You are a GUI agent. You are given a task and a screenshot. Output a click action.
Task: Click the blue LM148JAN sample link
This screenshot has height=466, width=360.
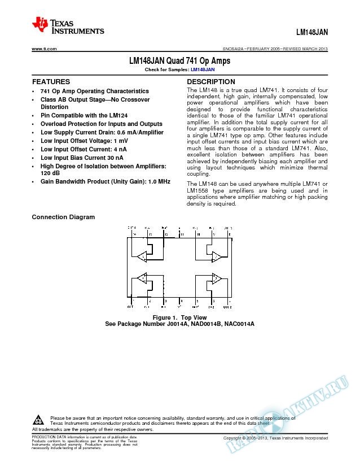[x=203, y=69]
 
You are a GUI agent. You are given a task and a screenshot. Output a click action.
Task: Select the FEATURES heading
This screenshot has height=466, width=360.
[x=51, y=82]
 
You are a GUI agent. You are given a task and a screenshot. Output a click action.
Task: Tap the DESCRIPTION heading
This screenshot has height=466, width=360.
[x=211, y=82]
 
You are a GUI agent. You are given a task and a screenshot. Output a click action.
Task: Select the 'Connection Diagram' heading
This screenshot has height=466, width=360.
[x=63, y=217]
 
